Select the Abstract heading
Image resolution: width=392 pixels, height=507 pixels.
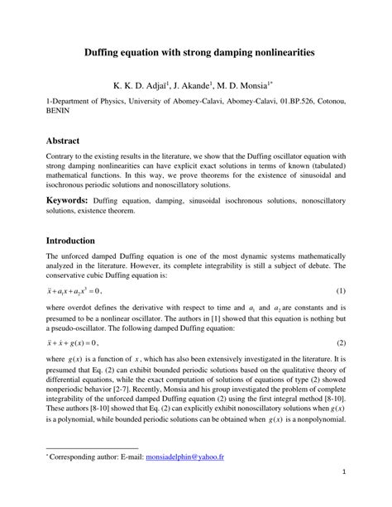pyautogui.click(x=68, y=141)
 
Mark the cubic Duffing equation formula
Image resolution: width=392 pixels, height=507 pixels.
pyautogui.click(x=74, y=291)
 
